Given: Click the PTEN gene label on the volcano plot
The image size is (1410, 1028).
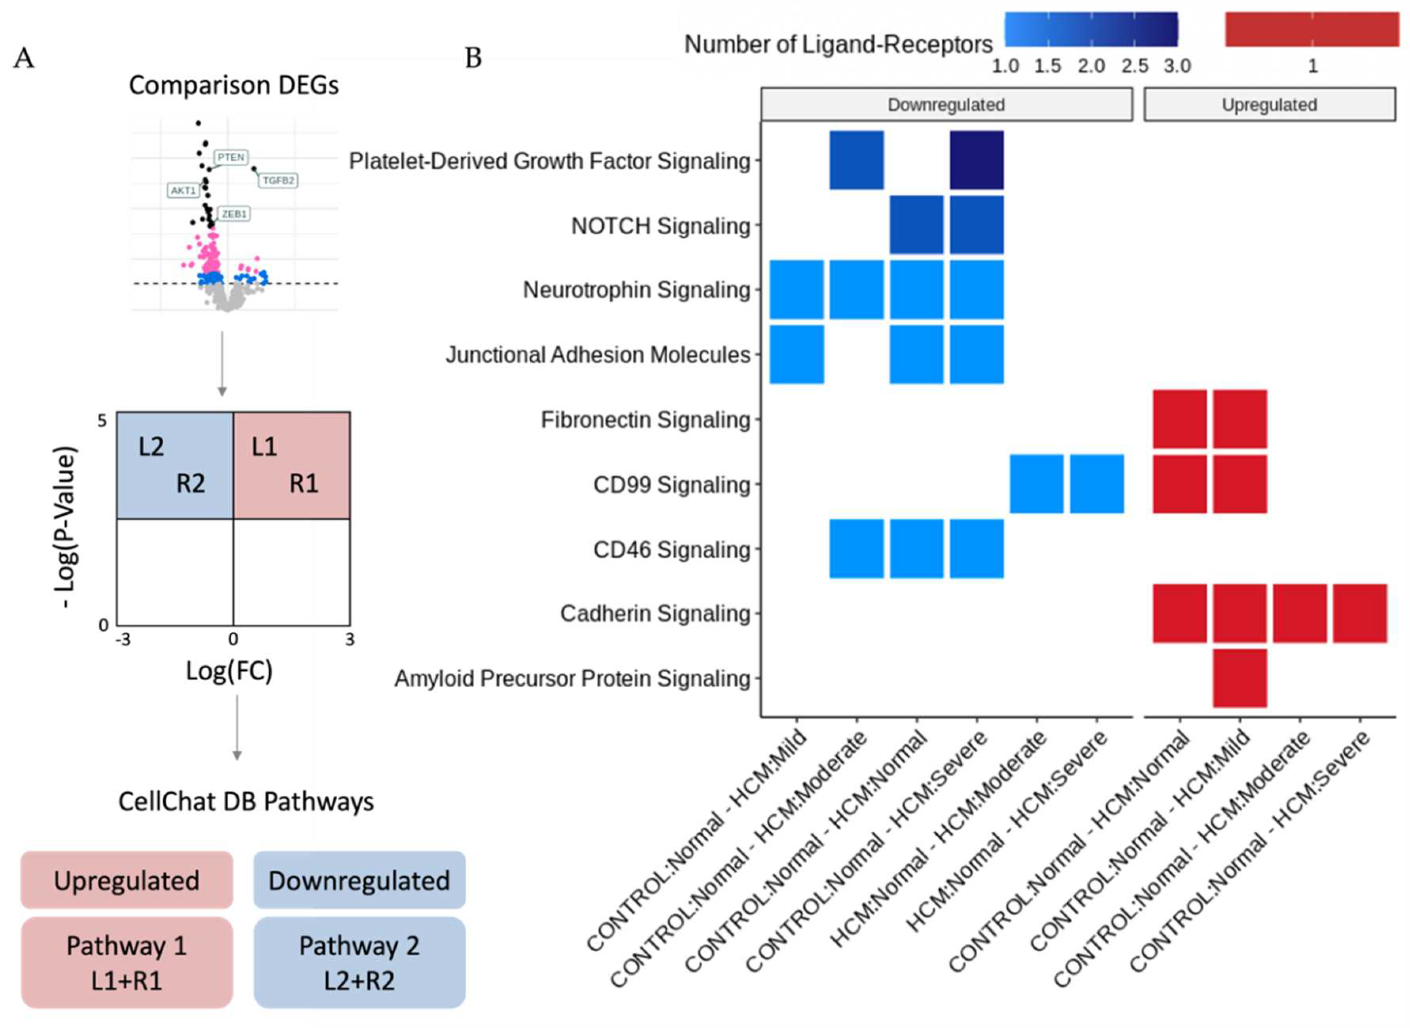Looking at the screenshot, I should (231, 157).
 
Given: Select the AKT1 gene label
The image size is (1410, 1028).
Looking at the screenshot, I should (184, 190).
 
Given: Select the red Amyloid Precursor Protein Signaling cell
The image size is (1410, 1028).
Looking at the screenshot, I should (1240, 678).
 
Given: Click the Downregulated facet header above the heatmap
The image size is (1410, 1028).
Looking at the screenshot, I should (946, 104).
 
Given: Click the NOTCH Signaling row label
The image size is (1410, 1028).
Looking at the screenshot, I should (661, 226).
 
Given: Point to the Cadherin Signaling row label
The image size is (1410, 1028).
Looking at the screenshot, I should (655, 614).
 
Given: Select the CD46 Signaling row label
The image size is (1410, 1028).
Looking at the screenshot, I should (672, 550).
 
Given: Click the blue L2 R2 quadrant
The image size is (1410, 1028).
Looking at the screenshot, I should (175, 465).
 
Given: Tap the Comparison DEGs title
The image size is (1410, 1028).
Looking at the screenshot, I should (234, 85).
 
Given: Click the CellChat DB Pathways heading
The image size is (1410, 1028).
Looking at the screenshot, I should (246, 802).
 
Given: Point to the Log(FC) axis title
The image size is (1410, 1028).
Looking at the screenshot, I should (229, 670).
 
